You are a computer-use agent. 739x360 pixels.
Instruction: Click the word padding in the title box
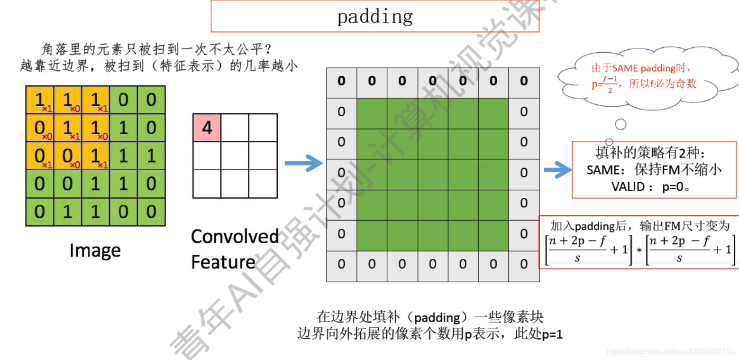[x=375, y=17]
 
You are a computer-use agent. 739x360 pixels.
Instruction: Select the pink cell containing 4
[x=207, y=128]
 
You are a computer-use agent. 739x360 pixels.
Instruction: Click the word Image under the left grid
[x=95, y=251]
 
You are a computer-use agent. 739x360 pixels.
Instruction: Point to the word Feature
[x=223, y=262]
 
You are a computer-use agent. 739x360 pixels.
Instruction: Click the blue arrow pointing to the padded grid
[x=303, y=163]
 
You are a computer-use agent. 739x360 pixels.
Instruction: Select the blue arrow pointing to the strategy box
[x=557, y=170]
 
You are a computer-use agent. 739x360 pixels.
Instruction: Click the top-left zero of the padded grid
[x=341, y=81]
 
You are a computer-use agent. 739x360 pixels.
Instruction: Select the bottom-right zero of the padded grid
[x=524, y=264]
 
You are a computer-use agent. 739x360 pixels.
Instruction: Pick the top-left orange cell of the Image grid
[x=40, y=100]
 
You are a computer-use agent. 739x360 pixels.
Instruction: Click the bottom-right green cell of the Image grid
[x=151, y=212]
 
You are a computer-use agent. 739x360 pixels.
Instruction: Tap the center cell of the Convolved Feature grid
[x=235, y=156]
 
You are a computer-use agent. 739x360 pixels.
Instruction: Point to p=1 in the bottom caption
[x=552, y=334]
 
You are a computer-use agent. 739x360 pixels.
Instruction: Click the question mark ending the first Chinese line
[x=268, y=49]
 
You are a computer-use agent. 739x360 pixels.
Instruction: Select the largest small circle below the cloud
[x=620, y=124]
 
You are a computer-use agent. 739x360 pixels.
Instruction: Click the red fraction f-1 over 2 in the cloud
[x=610, y=84]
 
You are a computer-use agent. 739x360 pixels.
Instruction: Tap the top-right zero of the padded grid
[x=524, y=81]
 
